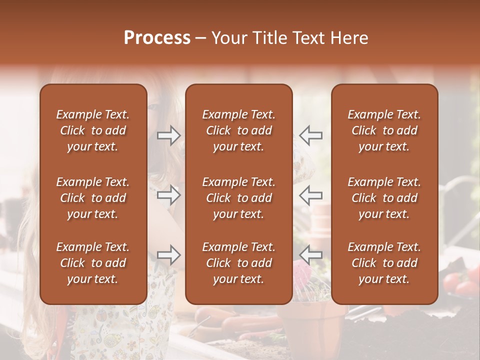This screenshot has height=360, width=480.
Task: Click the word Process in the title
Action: click(157, 38)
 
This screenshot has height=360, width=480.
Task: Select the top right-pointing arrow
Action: click(168, 135)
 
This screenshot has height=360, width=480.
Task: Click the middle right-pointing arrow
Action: click(168, 195)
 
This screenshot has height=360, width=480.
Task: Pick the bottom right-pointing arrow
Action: click(168, 255)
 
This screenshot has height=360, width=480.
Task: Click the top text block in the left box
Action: click(93, 130)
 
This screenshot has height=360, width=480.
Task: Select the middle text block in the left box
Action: click(93, 198)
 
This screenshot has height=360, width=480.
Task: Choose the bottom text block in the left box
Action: click(93, 263)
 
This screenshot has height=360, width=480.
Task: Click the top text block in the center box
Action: click(238, 130)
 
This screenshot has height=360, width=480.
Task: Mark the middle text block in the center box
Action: click(238, 198)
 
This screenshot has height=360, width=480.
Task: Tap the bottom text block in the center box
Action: click(238, 263)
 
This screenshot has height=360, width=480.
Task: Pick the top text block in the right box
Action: click(384, 130)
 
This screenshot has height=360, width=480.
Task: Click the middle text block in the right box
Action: click(384, 198)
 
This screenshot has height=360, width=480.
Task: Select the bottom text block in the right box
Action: click(384, 263)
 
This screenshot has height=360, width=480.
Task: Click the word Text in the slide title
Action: click(307, 38)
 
